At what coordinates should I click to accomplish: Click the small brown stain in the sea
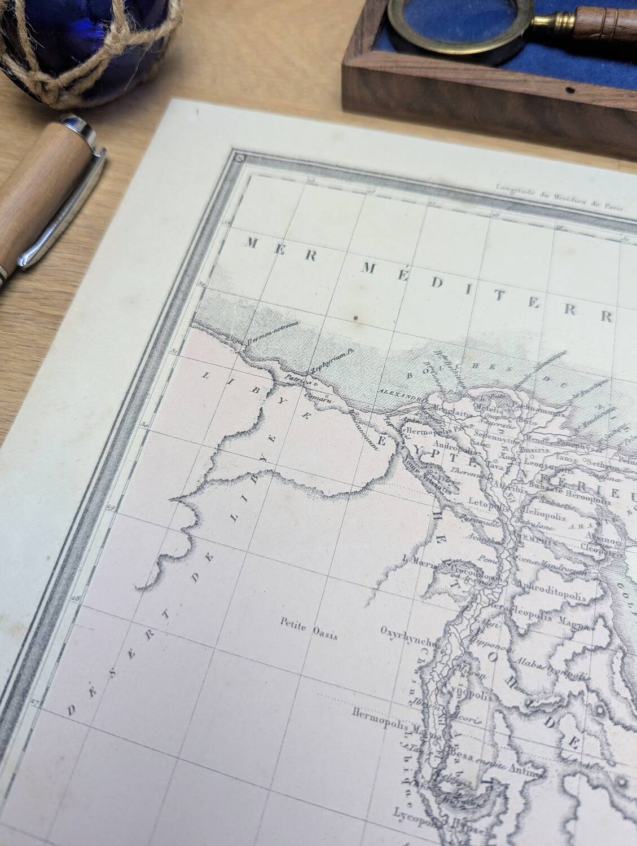tap(356, 321)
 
